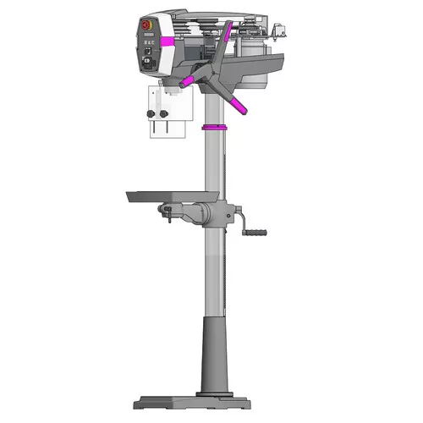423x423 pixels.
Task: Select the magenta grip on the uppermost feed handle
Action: coord(226,31)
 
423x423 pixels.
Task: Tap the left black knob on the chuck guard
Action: coord(151,113)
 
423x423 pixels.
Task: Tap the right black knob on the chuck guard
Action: coord(166,113)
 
